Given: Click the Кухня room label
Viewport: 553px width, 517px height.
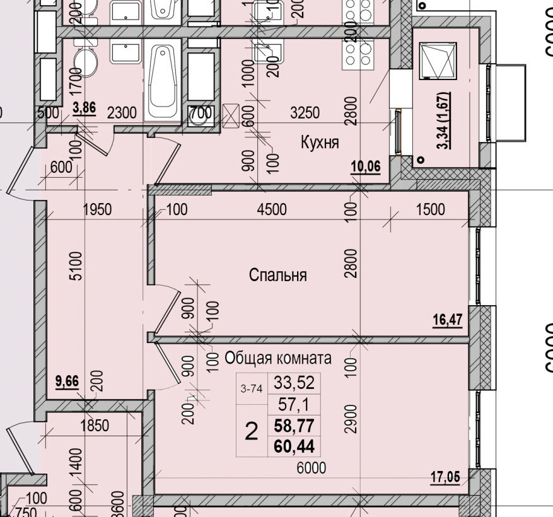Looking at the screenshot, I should (x=320, y=142).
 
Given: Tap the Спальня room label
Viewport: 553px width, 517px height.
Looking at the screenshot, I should (x=277, y=276).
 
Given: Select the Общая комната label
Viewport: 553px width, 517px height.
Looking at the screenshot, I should (x=278, y=359).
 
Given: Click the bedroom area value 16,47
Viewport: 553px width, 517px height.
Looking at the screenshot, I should (x=448, y=320).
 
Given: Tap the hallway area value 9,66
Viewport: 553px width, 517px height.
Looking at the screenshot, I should (x=67, y=380).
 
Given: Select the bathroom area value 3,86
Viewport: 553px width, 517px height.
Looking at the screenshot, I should (x=84, y=107).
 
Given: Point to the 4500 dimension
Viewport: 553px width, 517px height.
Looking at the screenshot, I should (x=271, y=209).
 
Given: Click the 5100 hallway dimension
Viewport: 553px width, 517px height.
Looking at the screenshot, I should (x=75, y=268).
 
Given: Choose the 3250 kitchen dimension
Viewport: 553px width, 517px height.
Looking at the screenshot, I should (x=305, y=113).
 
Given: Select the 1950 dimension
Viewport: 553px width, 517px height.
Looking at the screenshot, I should (x=97, y=209).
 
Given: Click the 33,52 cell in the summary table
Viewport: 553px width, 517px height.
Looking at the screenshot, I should (x=293, y=383).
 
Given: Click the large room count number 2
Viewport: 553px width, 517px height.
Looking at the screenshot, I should (x=251, y=432).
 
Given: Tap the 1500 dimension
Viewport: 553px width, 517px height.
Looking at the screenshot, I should (x=431, y=209).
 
